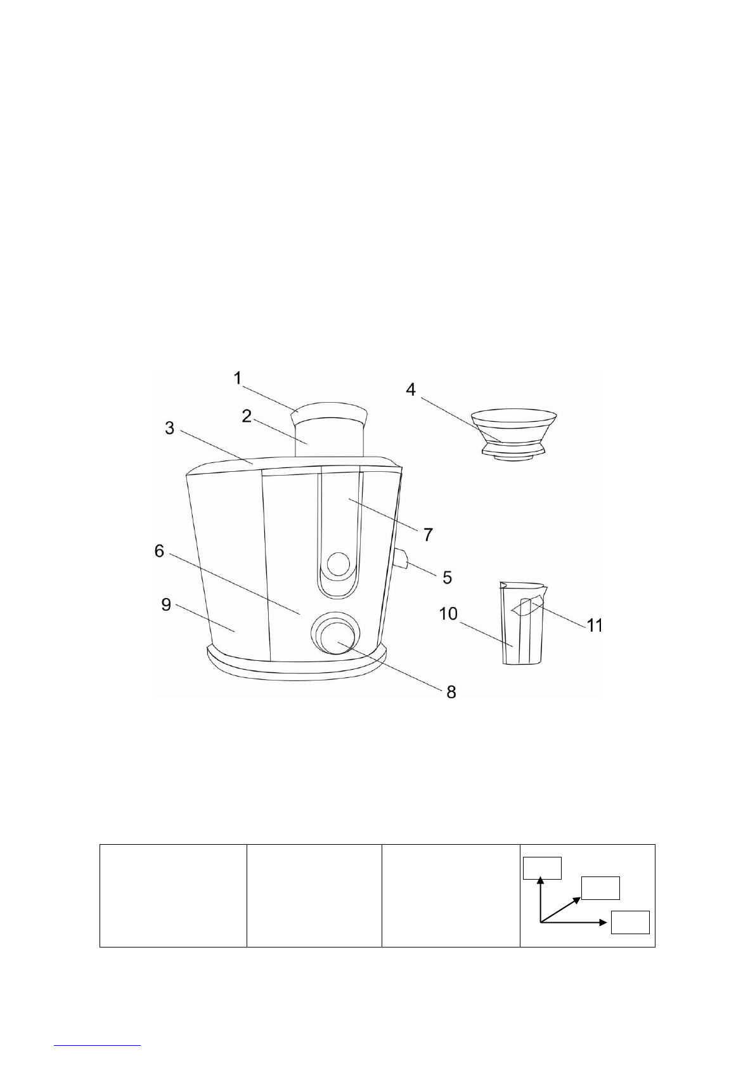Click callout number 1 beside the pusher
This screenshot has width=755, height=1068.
237,379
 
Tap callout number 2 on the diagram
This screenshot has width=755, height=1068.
247,416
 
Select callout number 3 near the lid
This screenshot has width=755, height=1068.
170,428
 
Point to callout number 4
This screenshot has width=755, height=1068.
410,389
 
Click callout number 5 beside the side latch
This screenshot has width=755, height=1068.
447,577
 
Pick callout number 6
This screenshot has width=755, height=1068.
159,551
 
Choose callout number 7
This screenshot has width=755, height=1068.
428,535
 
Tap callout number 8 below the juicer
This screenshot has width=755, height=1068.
451,692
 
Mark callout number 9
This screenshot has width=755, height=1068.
166,604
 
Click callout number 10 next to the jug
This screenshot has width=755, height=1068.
448,614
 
